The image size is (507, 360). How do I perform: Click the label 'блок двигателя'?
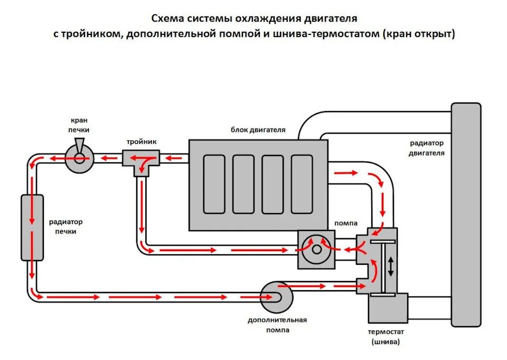coord(258,130)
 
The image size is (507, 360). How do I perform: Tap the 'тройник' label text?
coord(141,142)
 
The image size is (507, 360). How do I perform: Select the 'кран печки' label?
coord(79,125)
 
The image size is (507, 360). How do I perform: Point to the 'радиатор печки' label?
coord(65,227)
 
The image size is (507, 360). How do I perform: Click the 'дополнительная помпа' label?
coord(277,325)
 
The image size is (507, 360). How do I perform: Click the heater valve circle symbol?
coord(79,157)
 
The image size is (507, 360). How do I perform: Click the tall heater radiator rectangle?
coord(32,227)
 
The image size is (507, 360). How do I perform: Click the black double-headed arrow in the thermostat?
coord(391,266)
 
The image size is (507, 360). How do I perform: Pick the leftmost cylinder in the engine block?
coord(214,184)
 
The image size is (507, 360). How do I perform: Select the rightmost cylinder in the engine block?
coord(302,184)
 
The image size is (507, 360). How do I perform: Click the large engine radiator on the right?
coord(466,214)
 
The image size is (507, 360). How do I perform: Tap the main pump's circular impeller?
coord(316,249)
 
